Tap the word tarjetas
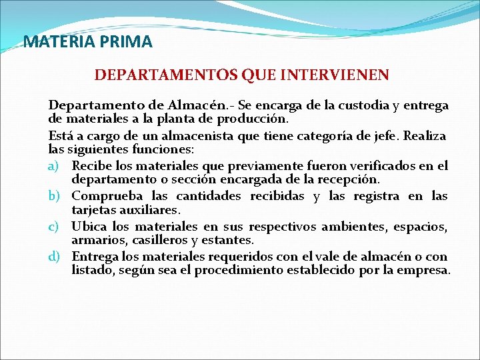[x=91, y=210]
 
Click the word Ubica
[x=87, y=227]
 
